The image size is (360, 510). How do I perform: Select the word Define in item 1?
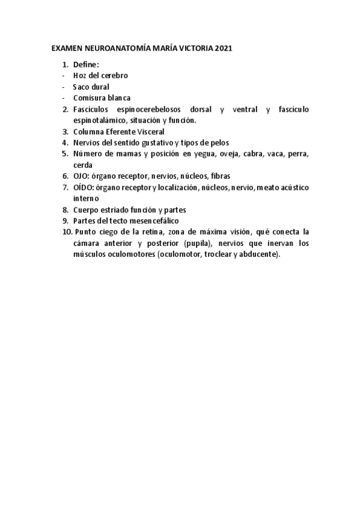86,64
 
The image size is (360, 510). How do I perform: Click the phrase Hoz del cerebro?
100,76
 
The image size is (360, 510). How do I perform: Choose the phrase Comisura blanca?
102,97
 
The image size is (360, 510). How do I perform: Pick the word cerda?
83,165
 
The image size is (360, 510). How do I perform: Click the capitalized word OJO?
81,176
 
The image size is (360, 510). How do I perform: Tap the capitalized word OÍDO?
83,188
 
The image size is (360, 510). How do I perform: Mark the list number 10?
66,232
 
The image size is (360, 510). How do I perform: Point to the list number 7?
66,188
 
